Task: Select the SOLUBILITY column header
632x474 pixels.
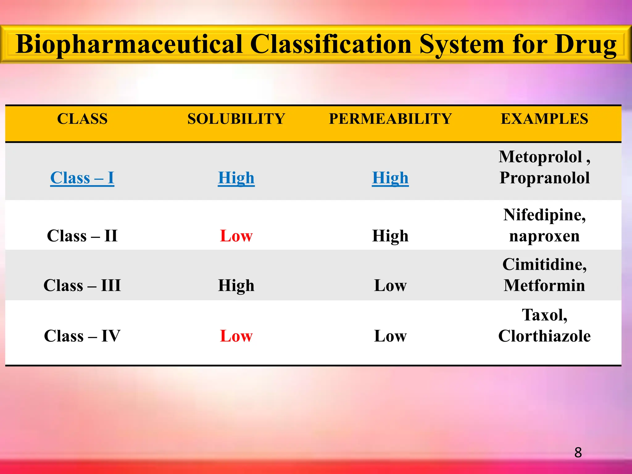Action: pyautogui.click(x=236, y=119)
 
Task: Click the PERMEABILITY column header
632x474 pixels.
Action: pyautogui.click(x=390, y=119)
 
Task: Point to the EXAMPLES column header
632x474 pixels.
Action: pyautogui.click(x=544, y=119)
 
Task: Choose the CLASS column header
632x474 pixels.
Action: pyautogui.click(x=82, y=119)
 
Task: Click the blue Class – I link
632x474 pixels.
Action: pyautogui.click(x=82, y=178)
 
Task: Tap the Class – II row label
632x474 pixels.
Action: pyautogui.click(x=82, y=236)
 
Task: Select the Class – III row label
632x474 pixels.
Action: pyautogui.click(x=82, y=285)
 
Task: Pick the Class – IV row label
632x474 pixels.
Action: pyautogui.click(x=82, y=336)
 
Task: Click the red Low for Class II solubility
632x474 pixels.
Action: pyautogui.click(x=236, y=236)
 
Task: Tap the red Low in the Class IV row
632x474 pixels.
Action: pyautogui.click(x=236, y=336)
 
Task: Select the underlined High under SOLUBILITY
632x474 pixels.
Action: pyautogui.click(x=236, y=178)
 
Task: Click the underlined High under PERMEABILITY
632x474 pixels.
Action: pyautogui.click(x=390, y=178)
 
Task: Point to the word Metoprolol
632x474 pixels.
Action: pyautogui.click(x=540, y=157)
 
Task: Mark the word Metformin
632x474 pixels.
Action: pyautogui.click(x=544, y=285)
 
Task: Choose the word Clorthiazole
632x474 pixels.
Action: pyautogui.click(x=544, y=336)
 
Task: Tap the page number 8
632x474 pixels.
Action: pyautogui.click(x=578, y=453)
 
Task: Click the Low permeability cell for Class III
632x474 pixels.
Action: pyautogui.click(x=390, y=285)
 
